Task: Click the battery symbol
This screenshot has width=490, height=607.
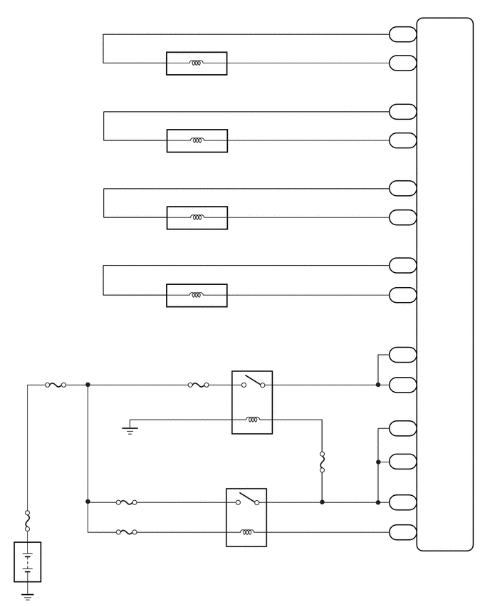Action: pos(28,561)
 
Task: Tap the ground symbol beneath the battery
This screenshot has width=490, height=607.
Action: pos(28,596)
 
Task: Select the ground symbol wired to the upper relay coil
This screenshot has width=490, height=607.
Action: pos(130,429)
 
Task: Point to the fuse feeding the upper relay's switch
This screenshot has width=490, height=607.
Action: pos(199,385)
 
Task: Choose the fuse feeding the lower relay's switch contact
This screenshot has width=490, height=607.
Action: pos(126,502)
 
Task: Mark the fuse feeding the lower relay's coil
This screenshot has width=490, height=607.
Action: pos(126,531)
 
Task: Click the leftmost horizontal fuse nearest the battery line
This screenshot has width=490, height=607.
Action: pos(56,385)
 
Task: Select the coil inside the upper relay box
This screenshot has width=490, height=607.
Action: pos(252,420)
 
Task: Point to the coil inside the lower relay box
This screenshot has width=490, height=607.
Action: pos(246,531)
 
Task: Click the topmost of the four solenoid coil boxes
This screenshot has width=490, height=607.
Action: pos(197,63)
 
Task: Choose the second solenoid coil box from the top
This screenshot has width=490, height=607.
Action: pos(197,140)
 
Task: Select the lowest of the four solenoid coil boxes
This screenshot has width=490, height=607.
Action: pos(197,295)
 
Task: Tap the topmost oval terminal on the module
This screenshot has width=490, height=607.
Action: pos(403,34)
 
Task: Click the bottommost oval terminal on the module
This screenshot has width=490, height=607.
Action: pos(403,531)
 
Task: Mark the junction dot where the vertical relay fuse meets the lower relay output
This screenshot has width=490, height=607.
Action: pos(322,502)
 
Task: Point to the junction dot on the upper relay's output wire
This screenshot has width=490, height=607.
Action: pos(378,385)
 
